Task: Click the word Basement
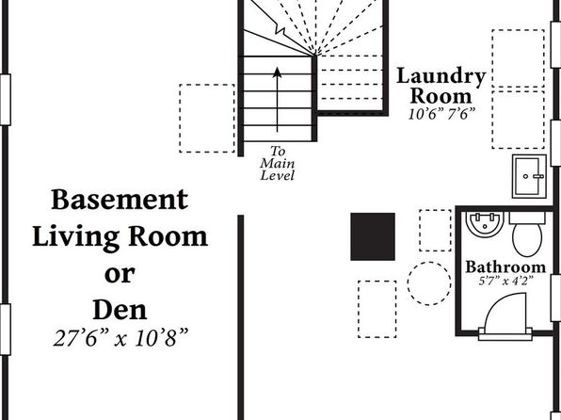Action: (x=120, y=200)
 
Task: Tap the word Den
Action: (x=120, y=310)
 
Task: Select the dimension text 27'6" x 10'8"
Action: (x=120, y=338)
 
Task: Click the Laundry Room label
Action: (x=441, y=86)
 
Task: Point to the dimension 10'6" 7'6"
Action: (x=442, y=114)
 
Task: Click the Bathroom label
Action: (x=505, y=267)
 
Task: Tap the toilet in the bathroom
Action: (x=527, y=234)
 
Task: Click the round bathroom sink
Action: (x=485, y=224)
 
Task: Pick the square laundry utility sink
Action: (x=529, y=176)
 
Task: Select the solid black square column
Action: (x=373, y=236)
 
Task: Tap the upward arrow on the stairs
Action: (x=277, y=99)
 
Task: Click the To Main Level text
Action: (x=278, y=163)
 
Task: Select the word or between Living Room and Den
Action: (x=120, y=274)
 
